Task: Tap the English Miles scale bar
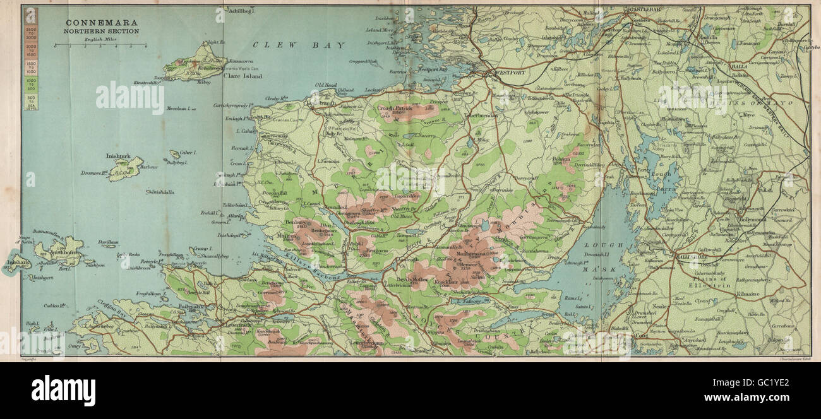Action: click(x=100, y=46)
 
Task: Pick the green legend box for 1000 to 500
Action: click(x=30, y=86)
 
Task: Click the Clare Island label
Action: click(x=244, y=76)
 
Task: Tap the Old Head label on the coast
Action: click(x=327, y=85)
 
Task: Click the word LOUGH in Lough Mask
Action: click(x=597, y=244)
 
